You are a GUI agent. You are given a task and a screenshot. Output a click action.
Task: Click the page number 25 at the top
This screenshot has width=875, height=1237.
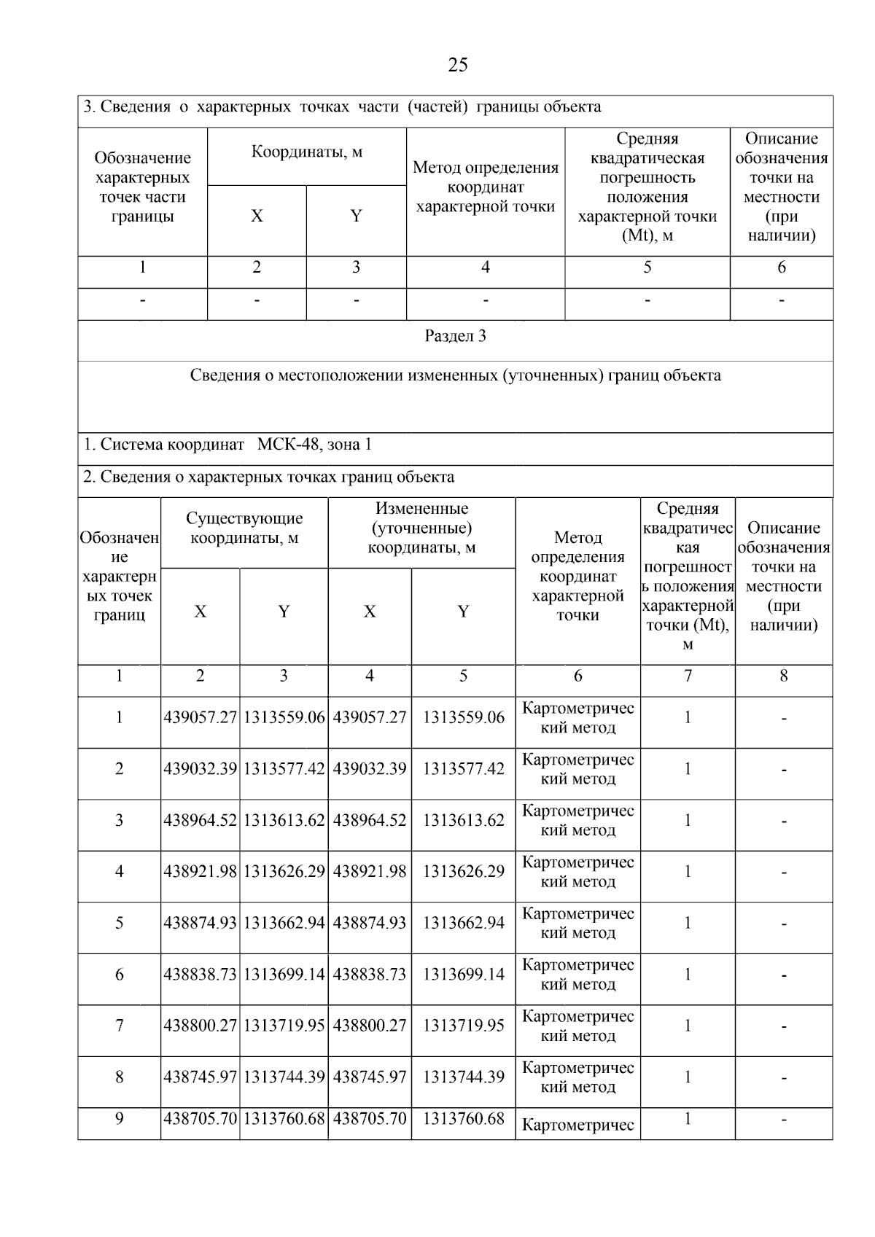[x=457, y=66]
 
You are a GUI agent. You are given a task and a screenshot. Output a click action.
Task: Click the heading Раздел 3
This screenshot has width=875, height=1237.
[x=455, y=336]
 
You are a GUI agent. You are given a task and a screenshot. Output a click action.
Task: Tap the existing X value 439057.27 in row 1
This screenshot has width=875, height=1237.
[x=201, y=717]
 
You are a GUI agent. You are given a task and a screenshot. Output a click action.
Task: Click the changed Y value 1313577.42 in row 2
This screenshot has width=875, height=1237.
[x=463, y=769]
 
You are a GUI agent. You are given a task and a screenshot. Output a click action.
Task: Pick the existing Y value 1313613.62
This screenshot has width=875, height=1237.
[x=284, y=820]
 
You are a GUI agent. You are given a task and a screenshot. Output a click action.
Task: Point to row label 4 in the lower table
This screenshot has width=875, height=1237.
[x=119, y=872]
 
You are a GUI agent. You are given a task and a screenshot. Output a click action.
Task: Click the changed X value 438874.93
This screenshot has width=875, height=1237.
[x=370, y=923]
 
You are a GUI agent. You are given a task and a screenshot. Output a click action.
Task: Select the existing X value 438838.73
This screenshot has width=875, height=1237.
[x=201, y=975]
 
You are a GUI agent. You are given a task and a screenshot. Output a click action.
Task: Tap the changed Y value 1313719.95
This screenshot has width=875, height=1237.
[x=463, y=1026]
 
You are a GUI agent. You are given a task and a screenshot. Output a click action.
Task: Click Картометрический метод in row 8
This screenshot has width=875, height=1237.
[x=577, y=1077]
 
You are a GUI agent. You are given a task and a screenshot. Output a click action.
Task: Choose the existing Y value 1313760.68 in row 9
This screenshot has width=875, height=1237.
[x=284, y=1118]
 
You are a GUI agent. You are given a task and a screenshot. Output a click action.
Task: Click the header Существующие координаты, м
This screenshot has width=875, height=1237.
[x=244, y=528]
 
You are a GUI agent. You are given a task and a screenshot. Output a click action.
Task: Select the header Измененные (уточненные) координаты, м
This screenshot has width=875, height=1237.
[x=421, y=528]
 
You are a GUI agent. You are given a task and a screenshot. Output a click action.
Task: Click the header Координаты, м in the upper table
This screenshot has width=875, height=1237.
[x=307, y=152]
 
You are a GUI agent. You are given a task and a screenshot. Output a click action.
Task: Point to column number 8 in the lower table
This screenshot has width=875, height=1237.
[x=783, y=676]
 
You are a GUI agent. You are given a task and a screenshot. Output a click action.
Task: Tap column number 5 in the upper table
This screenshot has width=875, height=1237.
[x=647, y=268]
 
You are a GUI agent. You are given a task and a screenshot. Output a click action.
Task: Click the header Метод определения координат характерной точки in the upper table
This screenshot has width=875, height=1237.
[x=485, y=187]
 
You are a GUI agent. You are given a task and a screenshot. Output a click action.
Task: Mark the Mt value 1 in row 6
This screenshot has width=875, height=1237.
[x=687, y=975]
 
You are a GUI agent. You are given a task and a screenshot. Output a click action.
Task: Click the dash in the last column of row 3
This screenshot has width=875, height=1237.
[x=783, y=821]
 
